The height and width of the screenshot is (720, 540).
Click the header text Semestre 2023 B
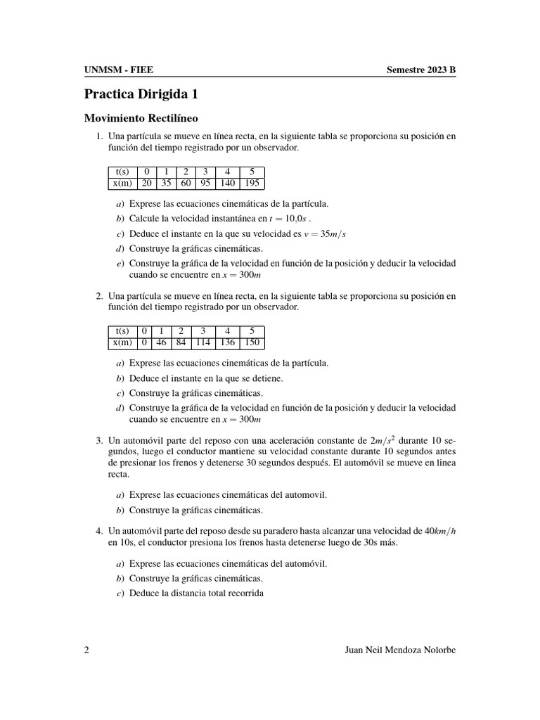tap(420, 70)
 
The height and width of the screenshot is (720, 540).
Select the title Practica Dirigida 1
tap(146, 94)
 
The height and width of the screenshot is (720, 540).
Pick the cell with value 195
tap(252, 184)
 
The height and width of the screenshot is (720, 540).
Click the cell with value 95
tap(205, 184)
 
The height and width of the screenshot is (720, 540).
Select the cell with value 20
tap(147, 184)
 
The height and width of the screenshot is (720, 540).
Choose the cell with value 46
tap(161, 343)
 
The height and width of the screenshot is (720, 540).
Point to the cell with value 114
tap(203, 343)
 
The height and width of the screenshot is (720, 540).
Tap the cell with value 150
tap(252, 343)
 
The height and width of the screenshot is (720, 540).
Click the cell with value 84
tap(181, 343)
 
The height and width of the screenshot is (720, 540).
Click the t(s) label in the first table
tap(122, 172)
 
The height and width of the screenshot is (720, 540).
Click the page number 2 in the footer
tap(86, 650)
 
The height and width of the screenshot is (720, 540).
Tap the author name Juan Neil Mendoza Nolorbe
tap(397, 650)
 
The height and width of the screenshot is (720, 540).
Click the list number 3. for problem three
tap(99, 441)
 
